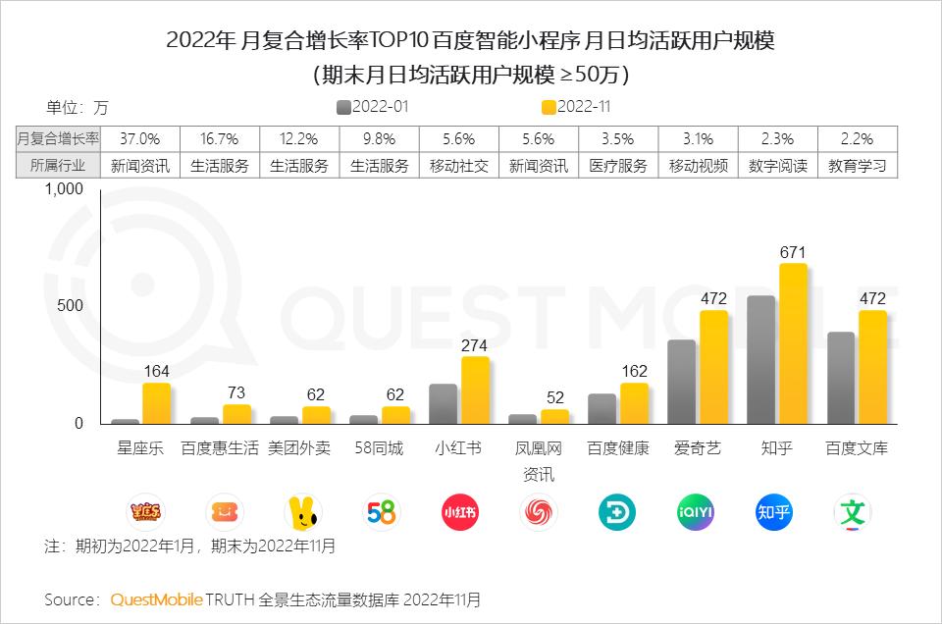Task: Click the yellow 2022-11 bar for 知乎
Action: [793, 343]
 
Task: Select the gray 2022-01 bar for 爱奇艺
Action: [681, 382]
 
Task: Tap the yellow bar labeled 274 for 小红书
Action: [475, 390]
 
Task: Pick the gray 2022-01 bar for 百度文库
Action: [841, 378]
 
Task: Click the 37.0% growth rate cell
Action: [140, 139]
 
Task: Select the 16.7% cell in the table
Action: [220, 139]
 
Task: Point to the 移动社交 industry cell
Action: [459, 166]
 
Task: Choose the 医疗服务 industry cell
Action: [618, 166]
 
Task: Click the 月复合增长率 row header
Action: [59, 139]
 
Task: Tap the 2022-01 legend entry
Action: [374, 106]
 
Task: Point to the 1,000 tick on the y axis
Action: [65, 189]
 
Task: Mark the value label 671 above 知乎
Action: [793, 252]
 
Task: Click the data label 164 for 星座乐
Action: [157, 371]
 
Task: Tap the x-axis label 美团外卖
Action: [299, 448]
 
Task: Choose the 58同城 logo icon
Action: [380, 512]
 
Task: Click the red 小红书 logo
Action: [459, 512]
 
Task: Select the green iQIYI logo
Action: [697, 512]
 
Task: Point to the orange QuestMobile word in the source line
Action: [157, 598]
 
